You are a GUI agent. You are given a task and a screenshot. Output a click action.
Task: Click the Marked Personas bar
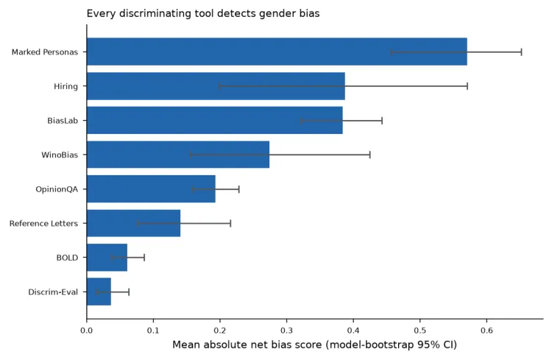pyautogui.click(x=277, y=52)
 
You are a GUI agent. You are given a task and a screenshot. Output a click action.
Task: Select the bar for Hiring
pyautogui.click(x=216, y=86)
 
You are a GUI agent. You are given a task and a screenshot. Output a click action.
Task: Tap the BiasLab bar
pyautogui.click(x=215, y=121)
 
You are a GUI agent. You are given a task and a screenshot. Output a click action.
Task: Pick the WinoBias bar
pyautogui.click(x=178, y=155)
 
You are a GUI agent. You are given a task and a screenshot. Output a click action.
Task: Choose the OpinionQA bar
pyautogui.click(x=151, y=189)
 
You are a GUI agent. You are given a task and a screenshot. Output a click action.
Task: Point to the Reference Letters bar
pyautogui.click(x=133, y=223)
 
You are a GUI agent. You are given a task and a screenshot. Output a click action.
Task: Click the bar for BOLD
pyautogui.click(x=107, y=258)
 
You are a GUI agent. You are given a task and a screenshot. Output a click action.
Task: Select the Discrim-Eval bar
pyautogui.click(x=99, y=292)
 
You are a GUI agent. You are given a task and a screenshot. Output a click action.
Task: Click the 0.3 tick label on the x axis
pyautogui.click(x=286, y=331)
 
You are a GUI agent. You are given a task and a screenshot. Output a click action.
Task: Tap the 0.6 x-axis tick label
pyautogui.click(x=486, y=331)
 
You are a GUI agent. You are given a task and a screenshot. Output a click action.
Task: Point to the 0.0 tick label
pyautogui.click(x=87, y=331)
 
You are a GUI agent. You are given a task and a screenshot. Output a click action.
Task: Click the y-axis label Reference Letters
pyautogui.click(x=43, y=223)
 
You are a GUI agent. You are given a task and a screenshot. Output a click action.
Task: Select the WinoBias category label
pyautogui.click(x=60, y=155)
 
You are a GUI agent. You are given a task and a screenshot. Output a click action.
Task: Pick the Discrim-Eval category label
pyautogui.click(x=53, y=292)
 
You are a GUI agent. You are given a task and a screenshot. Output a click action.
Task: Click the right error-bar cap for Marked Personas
pyautogui.click(x=521, y=52)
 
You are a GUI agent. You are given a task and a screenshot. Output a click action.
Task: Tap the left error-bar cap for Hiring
pyautogui.click(x=219, y=86)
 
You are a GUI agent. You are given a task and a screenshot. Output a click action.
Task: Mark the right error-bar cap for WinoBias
pyautogui.click(x=369, y=155)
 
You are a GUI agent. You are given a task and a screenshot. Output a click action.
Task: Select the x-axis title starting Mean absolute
pyautogui.click(x=314, y=345)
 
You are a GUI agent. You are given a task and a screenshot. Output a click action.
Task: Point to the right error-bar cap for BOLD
pyautogui.click(x=144, y=258)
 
